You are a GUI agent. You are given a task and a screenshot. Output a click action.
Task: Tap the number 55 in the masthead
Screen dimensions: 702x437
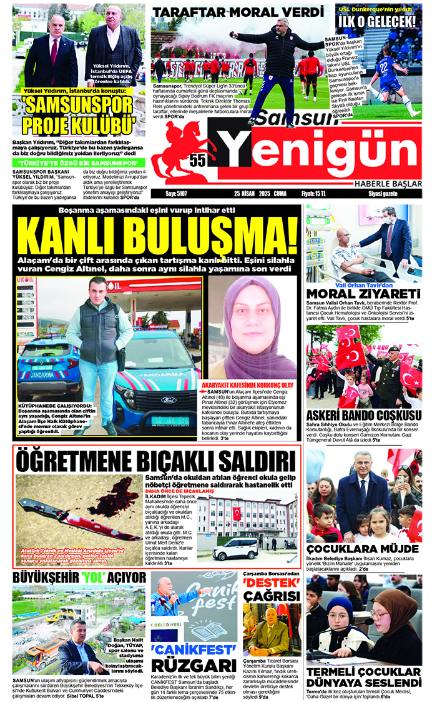198,160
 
